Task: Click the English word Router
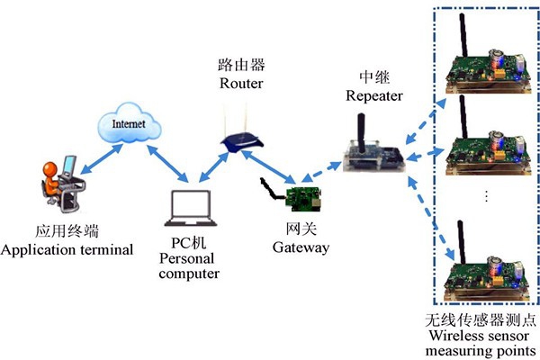pyautogui.click(x=241, y=83)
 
